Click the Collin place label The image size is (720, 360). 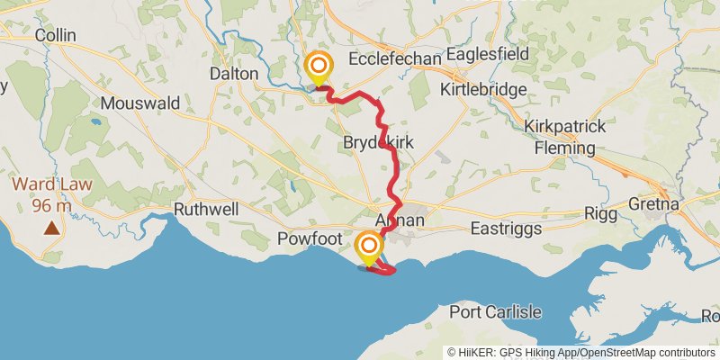54,35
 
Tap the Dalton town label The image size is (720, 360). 233,74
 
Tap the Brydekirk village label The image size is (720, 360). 378,143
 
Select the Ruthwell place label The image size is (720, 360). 206,209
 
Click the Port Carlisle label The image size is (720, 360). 496,312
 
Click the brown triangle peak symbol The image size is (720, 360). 52,229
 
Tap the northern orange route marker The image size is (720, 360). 318,67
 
